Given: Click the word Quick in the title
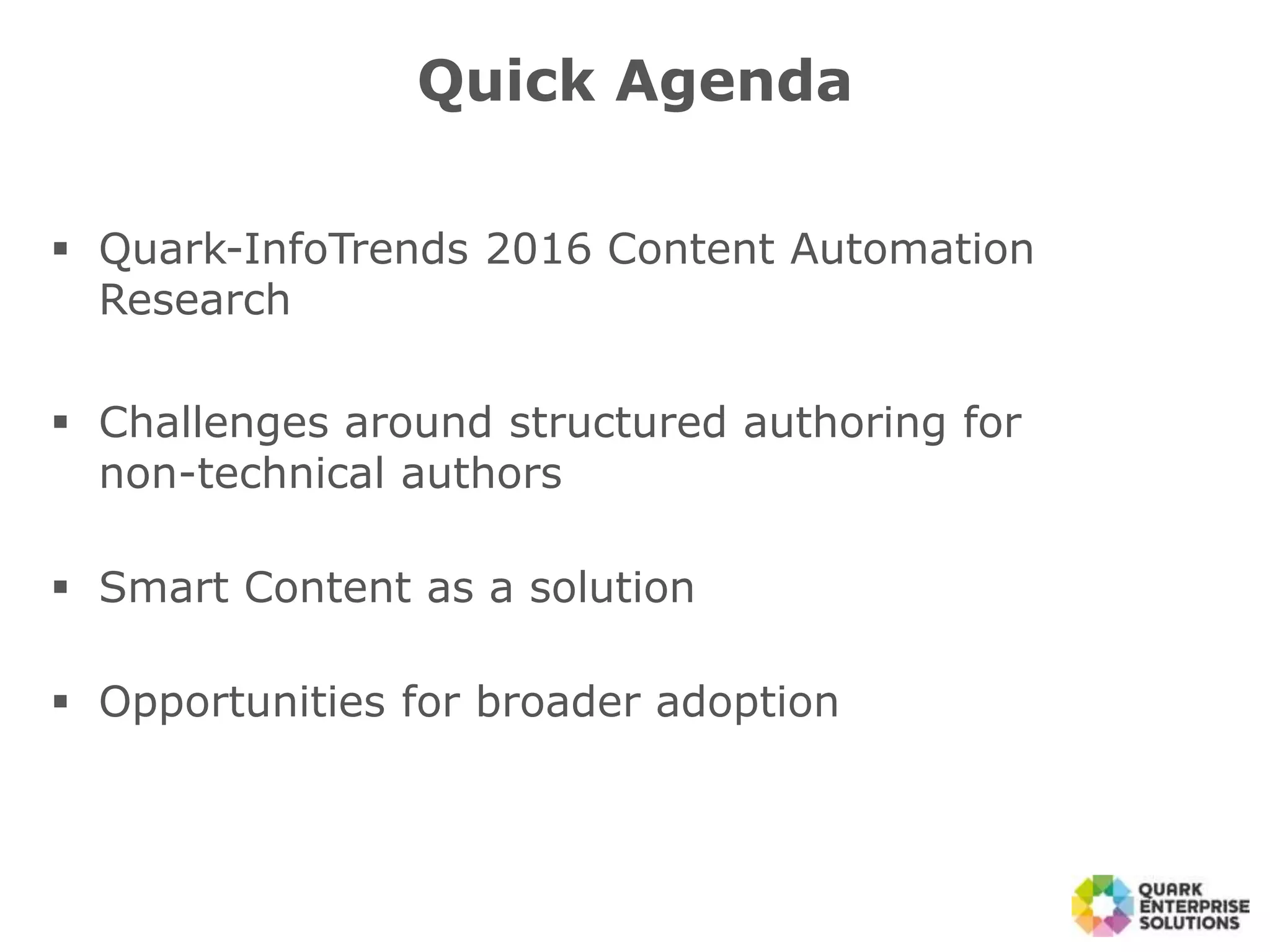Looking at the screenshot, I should click(x=506, y=83).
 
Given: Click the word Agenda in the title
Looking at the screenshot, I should click(x=733, y=83).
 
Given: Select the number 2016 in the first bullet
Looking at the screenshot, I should click(x=538, y=249).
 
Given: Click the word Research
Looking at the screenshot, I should click(x=195, y=300).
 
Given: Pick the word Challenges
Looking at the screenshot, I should click(x=213, y=423).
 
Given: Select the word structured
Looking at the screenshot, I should click(x=618, y=423).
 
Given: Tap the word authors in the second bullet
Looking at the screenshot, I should click(x=481, y=474).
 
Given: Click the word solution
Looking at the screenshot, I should click(x=611, y=588).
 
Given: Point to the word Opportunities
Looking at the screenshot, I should click(x=242, y=702).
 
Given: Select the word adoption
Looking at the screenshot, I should click(x=747, y=702).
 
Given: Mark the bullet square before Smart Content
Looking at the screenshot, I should click(x=60, y=586).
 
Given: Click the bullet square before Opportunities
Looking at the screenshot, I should click(x=60, y=701).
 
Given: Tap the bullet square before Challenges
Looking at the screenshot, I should click(x=60, y=422).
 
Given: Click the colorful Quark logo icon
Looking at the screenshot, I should click(x=1103, y=905).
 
